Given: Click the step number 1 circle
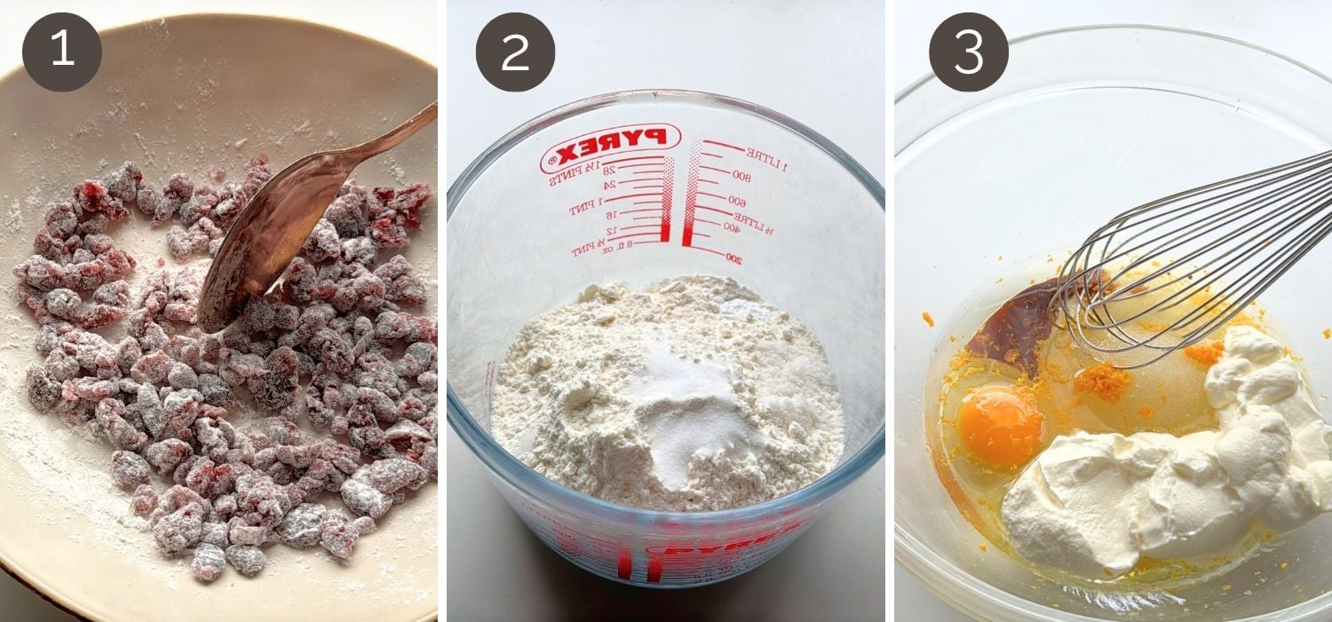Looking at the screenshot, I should click(x=62, y=52).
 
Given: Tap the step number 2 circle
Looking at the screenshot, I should click(x=515, y=52).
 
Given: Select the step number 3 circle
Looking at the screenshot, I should click(x=968, y=52).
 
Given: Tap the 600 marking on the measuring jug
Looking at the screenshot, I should click(x=737, y=201).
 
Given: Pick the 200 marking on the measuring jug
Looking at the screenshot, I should click(x=733, y=258).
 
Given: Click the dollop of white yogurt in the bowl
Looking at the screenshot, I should click(x=1154, y=462).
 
